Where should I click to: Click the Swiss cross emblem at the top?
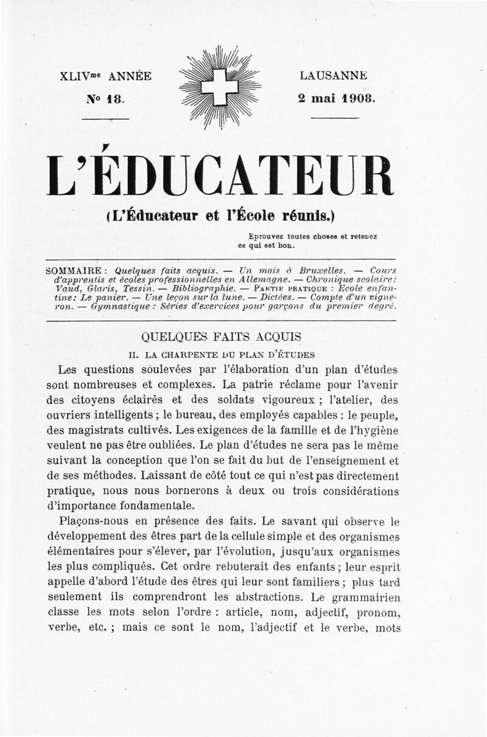[220, 87]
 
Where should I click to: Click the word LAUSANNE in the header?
[334, 77]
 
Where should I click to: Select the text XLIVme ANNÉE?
[105, 77]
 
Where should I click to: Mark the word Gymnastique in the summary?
[118, 307]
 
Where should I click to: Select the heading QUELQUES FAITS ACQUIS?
[221, 337]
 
